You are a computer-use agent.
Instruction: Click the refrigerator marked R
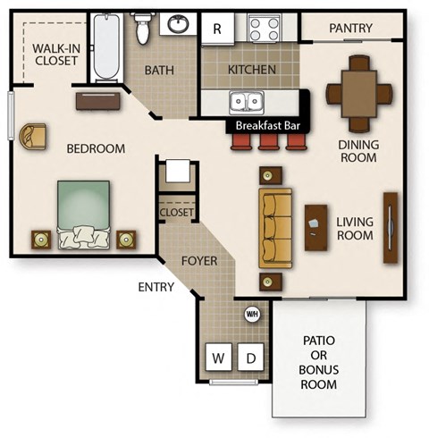216,28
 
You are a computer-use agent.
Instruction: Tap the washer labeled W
218,358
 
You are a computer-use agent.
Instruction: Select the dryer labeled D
251,358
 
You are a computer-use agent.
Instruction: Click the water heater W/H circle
252,314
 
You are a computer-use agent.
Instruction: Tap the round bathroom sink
179,24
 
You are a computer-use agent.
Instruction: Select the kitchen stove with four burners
265,29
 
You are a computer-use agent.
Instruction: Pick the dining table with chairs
359,92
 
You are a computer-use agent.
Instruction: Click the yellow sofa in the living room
275,227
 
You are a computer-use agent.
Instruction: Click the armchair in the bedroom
35,136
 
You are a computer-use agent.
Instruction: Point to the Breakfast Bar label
265,125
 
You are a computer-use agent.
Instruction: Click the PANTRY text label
350,29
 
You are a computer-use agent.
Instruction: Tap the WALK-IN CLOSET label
55,55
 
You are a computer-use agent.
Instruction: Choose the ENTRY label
156,287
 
